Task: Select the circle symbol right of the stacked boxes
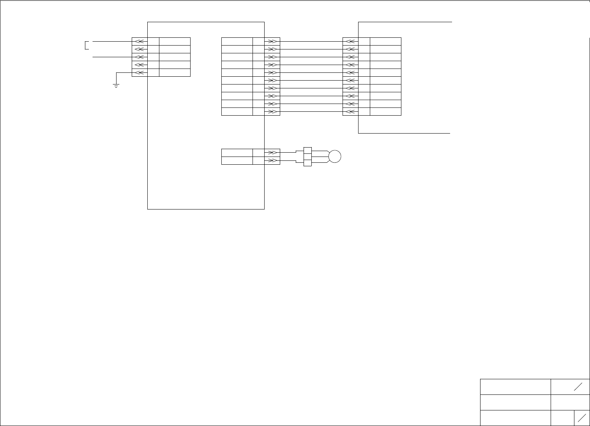point(334,157)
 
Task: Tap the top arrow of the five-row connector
point(140,41)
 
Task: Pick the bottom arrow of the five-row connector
point(140,72)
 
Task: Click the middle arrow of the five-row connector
point(140,57)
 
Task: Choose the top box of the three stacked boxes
point(307,150)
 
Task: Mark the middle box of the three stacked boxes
point(307,157)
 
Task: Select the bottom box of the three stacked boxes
point(307,163)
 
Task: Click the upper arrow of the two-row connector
point(272,153)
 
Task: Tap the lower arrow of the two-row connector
point(272,160)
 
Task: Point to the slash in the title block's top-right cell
point(578,387)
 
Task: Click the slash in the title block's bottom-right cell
point(582,418)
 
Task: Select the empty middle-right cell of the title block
point(570,402)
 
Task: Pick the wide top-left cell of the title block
point(515,387)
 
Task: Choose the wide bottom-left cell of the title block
point(515,418)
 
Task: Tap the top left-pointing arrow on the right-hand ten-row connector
point(350,41)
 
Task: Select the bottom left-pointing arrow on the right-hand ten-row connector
point(350,112)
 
